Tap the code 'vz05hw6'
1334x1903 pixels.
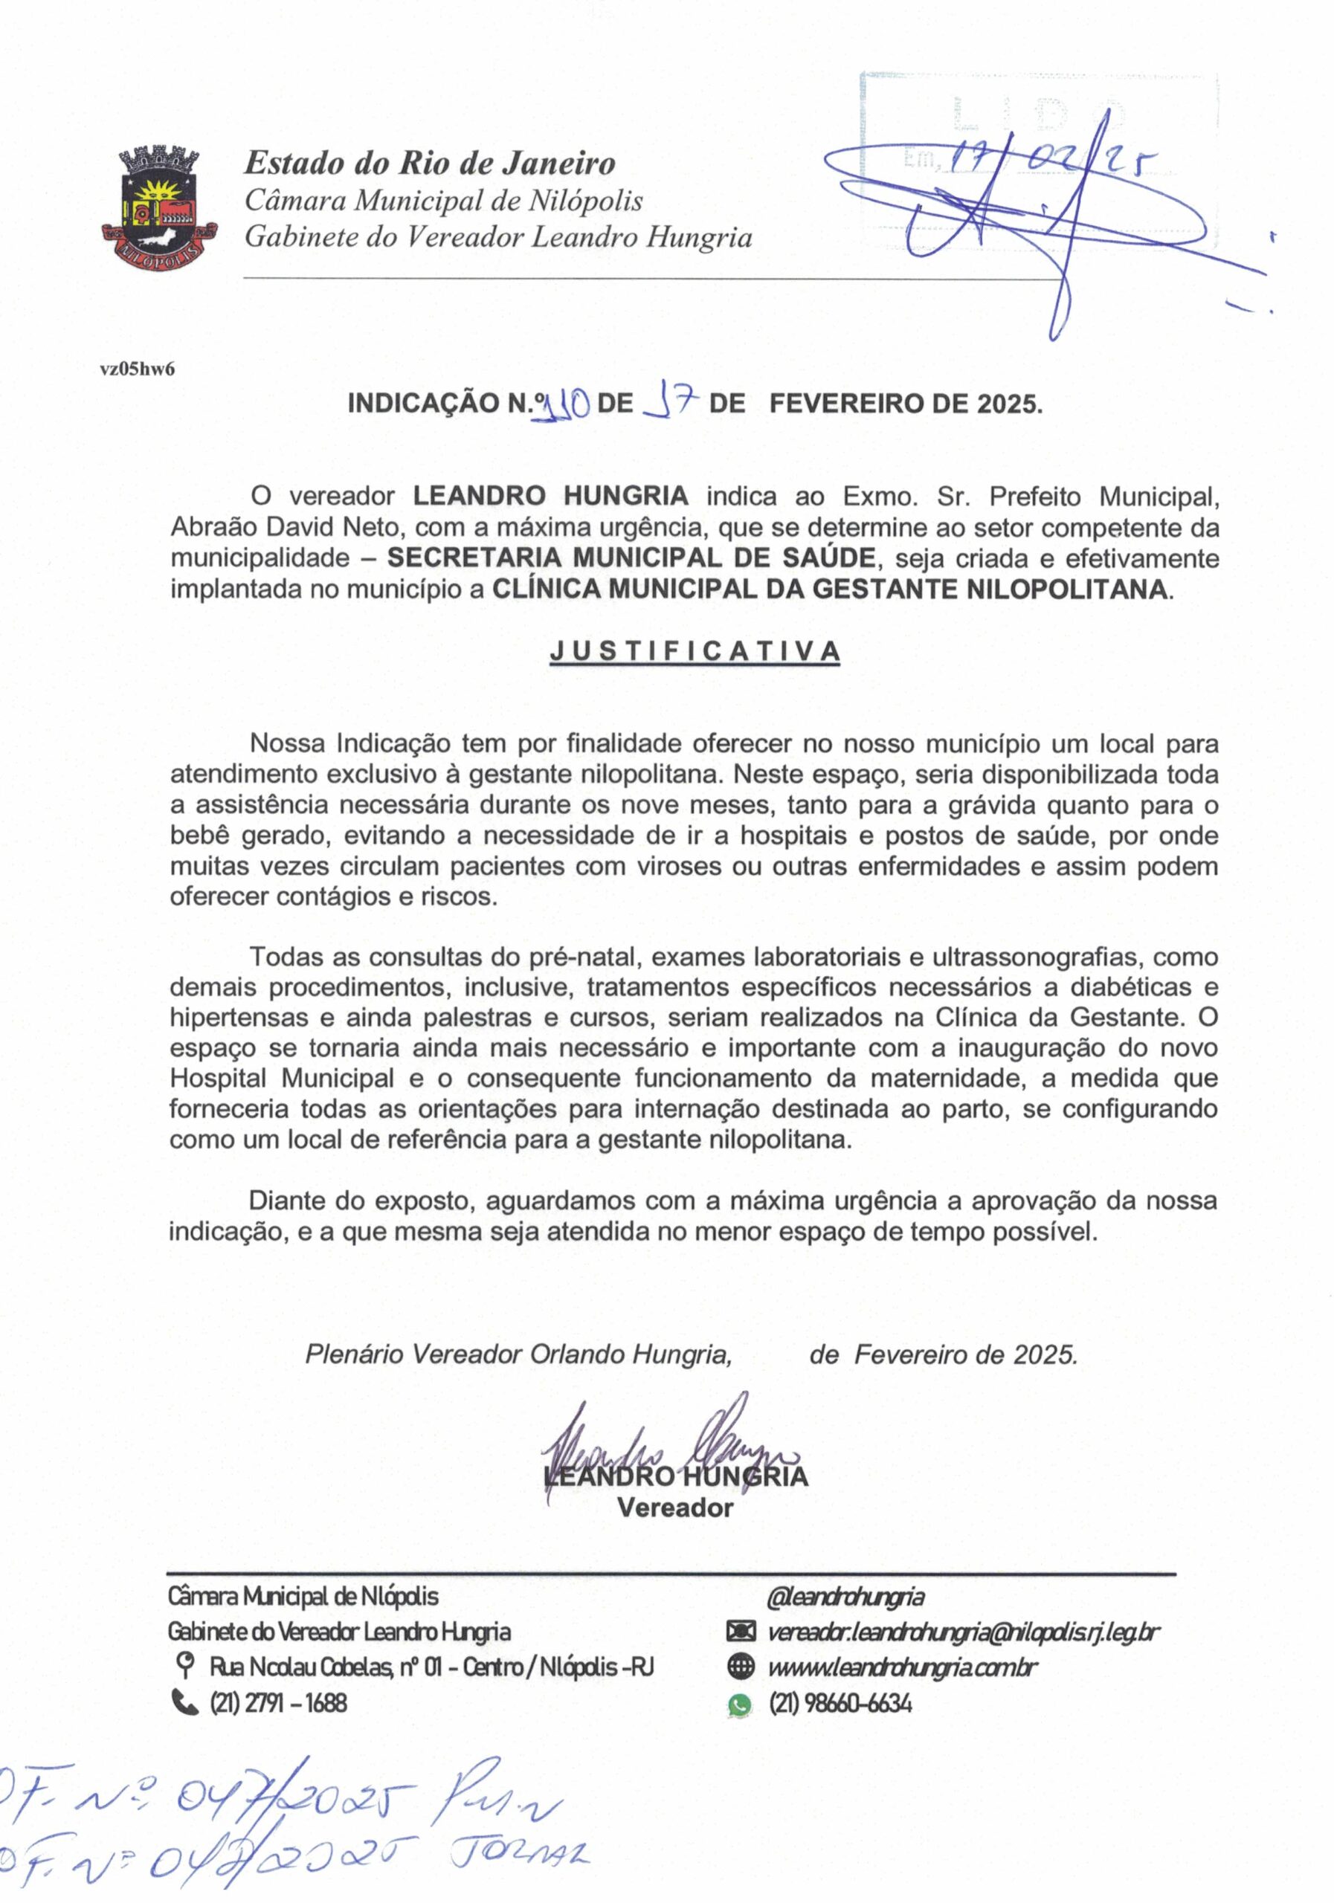click(137, 369)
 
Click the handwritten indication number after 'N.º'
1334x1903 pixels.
click(564, 405)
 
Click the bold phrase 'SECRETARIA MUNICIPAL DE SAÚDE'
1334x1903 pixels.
click(630, 558)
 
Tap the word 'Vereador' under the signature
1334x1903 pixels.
click(675, 1507)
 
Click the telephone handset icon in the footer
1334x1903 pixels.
click(185, 1702)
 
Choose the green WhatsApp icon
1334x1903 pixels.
click(738, 1704)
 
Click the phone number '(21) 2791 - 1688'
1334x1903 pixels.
click(278, 1702)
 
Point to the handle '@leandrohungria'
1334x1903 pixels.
click(845, 1596)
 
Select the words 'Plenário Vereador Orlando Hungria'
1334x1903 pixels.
click(518, 1354)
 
